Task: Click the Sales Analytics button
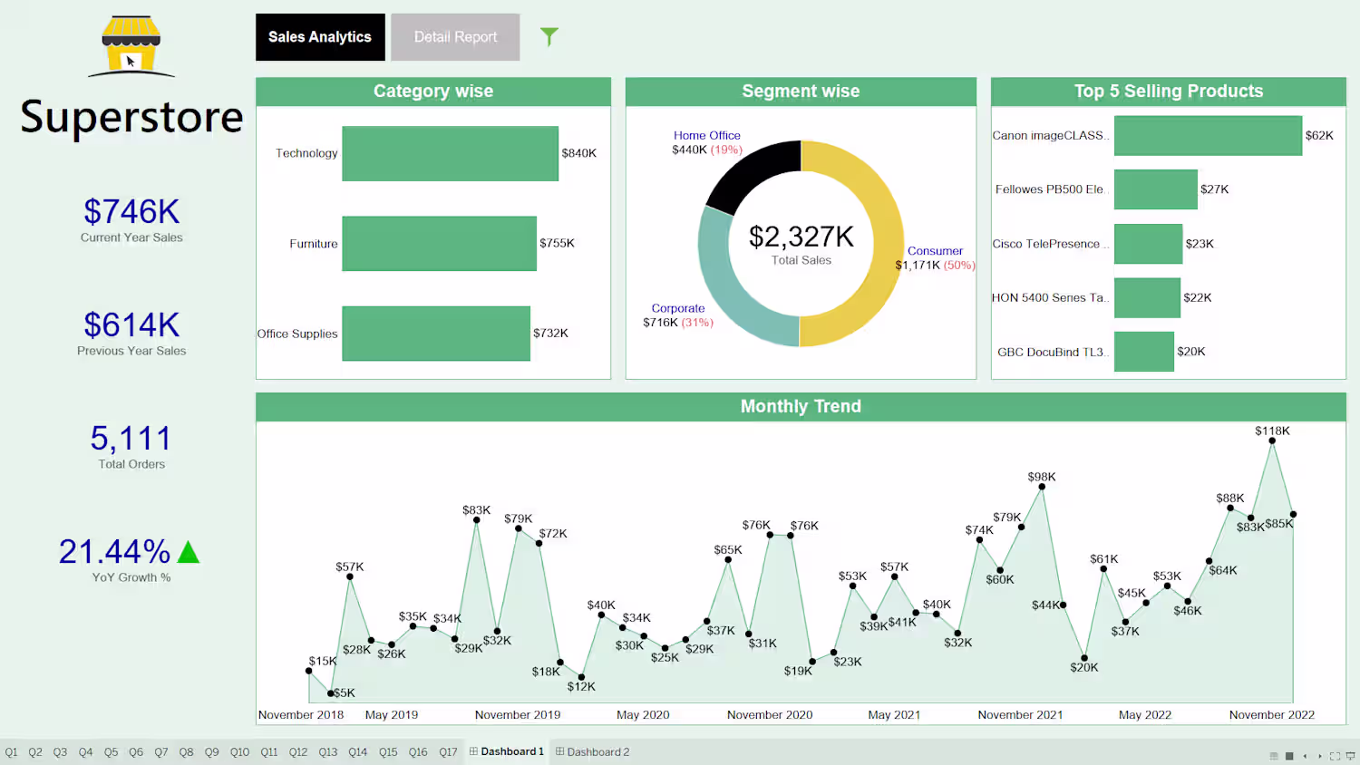click(320, 37)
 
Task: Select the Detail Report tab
click(455, 37)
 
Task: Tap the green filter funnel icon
click(549, 36)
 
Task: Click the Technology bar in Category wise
click(450, 153)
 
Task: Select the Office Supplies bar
click(435, 334)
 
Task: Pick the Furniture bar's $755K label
click(557, 243)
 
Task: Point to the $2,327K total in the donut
click(801, 237)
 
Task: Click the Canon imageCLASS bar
click(1208, 136)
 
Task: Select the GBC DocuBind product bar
click(1143, 352)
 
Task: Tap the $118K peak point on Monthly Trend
click(1272, 441)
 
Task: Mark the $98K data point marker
click(1042, 487)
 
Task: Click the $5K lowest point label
click(345, 693)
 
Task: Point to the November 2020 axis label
click(769, 715)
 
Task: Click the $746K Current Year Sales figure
click(131, 212)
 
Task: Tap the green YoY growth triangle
click(189, 552)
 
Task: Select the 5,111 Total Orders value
click(131, 439)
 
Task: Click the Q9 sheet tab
click(211, 752)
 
